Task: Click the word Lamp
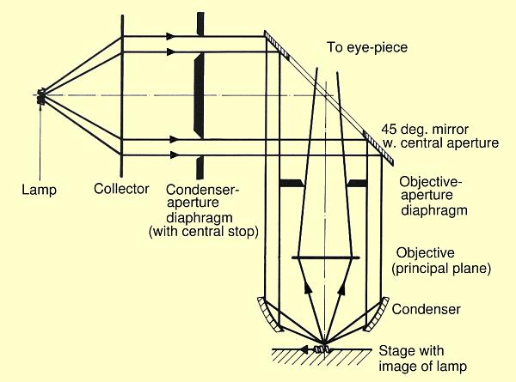[39, 190]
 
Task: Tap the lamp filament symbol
[41, 96]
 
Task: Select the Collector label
[121, 189]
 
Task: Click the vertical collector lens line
[122, 96]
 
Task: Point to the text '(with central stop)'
[203, 232]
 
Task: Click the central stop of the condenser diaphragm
[200, 95]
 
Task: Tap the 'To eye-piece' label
[367, 47]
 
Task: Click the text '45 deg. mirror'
[425, 130]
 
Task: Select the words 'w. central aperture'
[440, 143]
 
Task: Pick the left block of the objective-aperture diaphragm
[292, 184]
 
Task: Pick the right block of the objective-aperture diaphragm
[357, 184]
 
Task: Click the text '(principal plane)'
[441, 269]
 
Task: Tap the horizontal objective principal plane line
[325, 258]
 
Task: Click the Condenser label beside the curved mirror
[426, 309]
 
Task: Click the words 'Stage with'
[411, 351]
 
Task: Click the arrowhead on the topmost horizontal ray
[170, 36]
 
